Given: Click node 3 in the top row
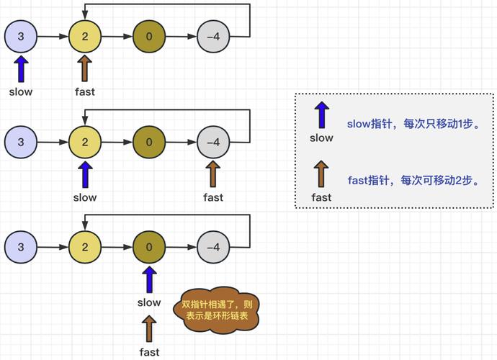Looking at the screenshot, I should point(21,37).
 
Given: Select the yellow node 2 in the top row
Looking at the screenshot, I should point(85,37).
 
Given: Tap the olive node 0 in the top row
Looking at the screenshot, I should point(149,37).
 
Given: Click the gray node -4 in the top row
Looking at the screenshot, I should point(213,37).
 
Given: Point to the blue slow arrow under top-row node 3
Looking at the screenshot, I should point(21,69).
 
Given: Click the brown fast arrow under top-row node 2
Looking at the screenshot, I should point(85,69).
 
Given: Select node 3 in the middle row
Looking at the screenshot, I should point(21,143).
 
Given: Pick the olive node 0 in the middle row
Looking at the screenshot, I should point(149,143).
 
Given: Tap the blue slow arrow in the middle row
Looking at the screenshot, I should point(85,175).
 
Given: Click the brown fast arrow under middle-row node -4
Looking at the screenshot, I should point(213,175).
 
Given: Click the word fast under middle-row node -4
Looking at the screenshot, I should point(213,197).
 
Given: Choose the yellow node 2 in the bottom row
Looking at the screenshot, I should point(85,248).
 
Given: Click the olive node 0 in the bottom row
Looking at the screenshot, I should point(149,248).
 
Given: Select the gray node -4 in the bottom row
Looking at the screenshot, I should point(213,248).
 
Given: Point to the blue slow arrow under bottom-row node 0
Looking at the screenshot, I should point(149,280).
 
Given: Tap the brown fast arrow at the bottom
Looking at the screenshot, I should point(149,329).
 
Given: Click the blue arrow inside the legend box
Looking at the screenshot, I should point(321,116).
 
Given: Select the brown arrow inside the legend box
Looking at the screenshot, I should point(321,175).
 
